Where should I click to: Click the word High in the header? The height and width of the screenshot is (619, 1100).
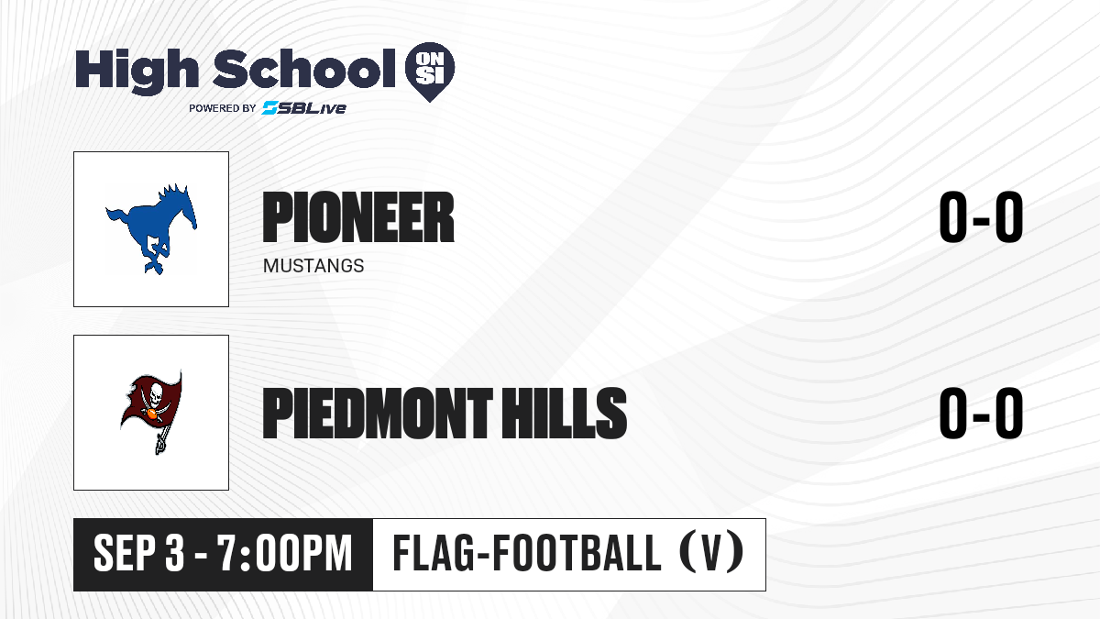click(x=137, y=72)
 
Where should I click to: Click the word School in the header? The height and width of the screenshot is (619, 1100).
click(x=304, y=68)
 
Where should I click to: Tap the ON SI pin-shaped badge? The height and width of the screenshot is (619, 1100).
click(x=430, y=72)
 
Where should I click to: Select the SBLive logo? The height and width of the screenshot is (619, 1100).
click(x=304, y=107)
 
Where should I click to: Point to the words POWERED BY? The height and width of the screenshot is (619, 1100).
click(x=223, y=108)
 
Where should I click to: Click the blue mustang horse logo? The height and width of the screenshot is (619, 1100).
click(x=151, y=229)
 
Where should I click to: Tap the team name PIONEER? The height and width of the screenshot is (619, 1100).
click(x=358, y=217)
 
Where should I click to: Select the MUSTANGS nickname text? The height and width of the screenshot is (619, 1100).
click(x=313, y=266)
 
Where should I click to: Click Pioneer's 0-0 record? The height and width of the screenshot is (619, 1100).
click(x=981, y=216)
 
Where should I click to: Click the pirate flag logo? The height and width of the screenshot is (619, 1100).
click(x=151, y=412)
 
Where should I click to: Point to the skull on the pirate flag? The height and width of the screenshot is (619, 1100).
click(x=156, y=393)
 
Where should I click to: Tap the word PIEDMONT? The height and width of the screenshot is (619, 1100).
click(x=377, y=413)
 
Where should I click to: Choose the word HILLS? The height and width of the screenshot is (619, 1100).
click(x=564, y=413)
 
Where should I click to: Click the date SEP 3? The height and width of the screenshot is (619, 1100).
click(x=139, y=553)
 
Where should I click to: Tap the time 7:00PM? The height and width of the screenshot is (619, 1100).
click(x=285, y=553)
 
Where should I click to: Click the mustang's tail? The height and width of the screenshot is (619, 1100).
click(x=118, y=217)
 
